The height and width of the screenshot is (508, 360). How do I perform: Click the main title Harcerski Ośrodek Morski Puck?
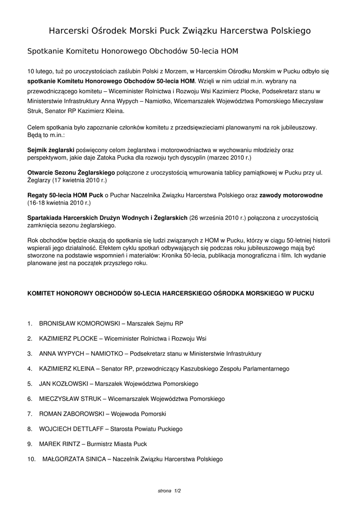180,31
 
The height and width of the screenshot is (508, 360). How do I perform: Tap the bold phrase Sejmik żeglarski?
51,149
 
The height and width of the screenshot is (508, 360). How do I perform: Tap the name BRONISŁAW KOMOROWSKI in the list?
79,323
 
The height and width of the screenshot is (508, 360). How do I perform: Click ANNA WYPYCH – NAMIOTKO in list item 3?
83,354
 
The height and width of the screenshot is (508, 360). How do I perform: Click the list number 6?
30,399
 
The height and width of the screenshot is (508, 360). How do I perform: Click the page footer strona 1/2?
169,491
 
